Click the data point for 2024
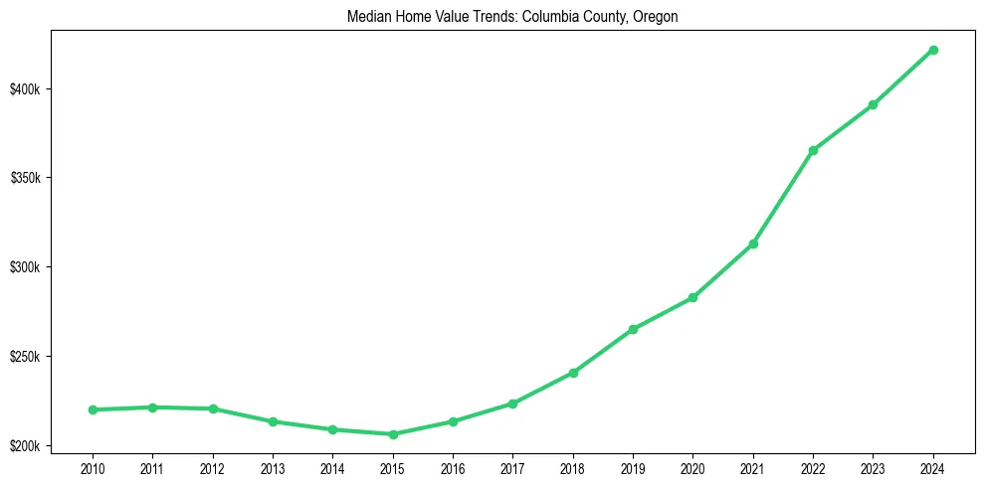(933, 50)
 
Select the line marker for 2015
(393, 434)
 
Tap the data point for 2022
(813, 150)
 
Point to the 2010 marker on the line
(93, 409)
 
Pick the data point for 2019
(633, 329)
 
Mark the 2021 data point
(753, 243)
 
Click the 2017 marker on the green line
(512, 404)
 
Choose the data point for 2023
(873, 104)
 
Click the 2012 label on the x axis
(213, 467)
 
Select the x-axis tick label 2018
(573, 467)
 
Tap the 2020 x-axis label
(692, 467)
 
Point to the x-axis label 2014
(332, 467)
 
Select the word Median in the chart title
(367, 17)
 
